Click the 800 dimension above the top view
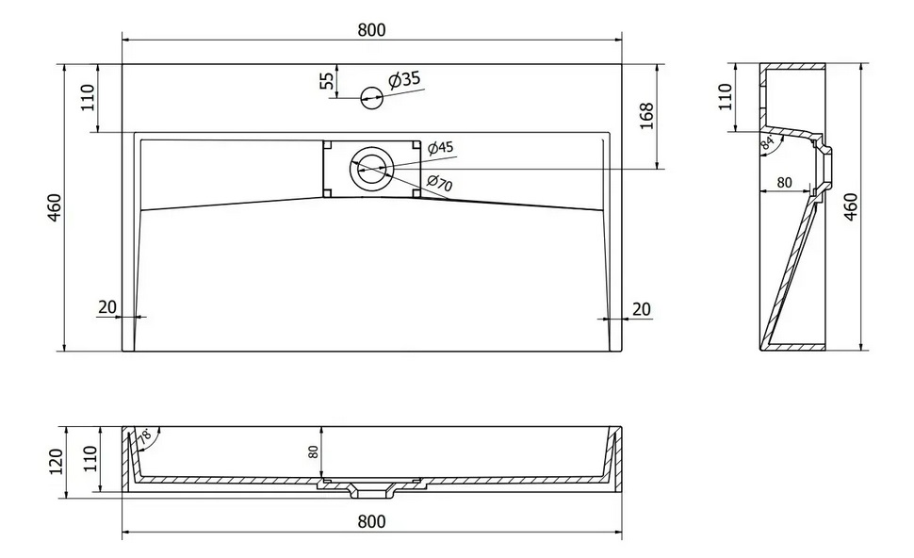[371, 30]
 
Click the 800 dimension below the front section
[371, 521]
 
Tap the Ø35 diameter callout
[404, 79]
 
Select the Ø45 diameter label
[441, 148]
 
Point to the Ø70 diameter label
[439, 183]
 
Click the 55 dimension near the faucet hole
[328, 80]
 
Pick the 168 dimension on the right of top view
[646, 116]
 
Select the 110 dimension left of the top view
[88, 98]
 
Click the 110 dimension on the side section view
[726, 97]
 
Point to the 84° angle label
[768, 142]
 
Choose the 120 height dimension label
[57, 462]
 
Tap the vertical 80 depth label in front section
[314, 451]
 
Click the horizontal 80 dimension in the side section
[785, 183]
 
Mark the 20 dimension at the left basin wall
[107, 306]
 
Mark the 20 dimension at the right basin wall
[641, 309]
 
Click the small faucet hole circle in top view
[371, 97]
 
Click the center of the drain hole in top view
[371, 169]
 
